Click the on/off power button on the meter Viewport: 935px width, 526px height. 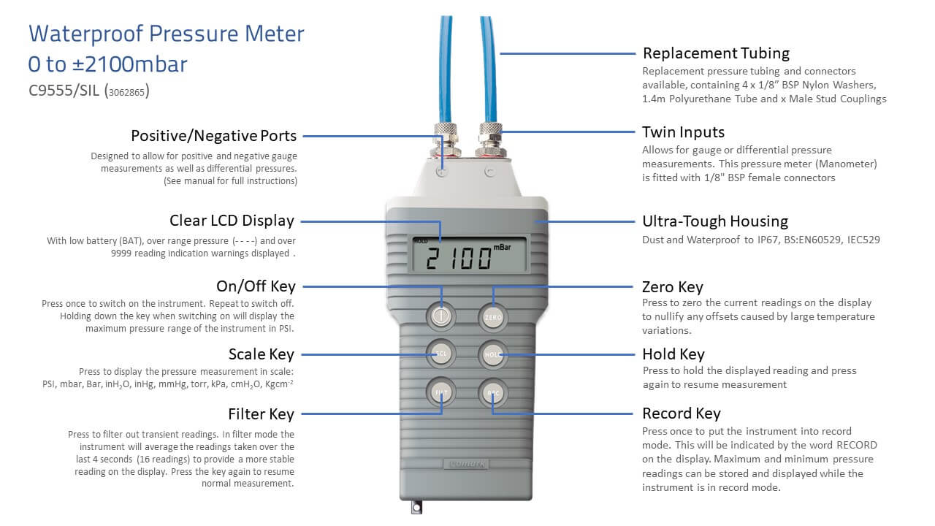(440, 316)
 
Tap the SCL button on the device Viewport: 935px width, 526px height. (440, 354)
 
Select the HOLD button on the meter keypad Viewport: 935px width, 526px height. (493, 354)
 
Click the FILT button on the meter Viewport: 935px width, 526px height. (440, 392)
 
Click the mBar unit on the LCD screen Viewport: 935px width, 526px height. (502, 247)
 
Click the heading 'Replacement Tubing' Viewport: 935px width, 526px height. (716, 53)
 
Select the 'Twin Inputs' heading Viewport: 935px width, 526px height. (683, 132)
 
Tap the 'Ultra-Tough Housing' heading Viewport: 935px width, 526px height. (715, 221)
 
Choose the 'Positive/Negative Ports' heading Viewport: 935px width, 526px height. (214, 136)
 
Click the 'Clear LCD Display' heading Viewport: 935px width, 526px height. (232, 221)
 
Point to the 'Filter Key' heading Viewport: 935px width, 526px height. (262, 414)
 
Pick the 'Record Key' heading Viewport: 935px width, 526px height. (682, 413)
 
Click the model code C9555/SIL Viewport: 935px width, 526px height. (64, 91)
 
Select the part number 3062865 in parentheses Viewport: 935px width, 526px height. (127, 92)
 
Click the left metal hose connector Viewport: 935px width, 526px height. (446, 140)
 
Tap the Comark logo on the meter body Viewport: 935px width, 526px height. (467, 464)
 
